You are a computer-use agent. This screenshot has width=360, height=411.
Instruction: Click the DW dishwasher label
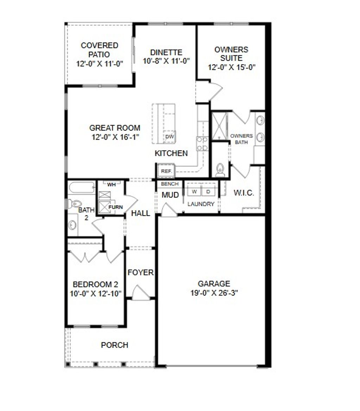point(169,137)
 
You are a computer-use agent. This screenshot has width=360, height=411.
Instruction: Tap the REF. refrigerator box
point(166,171)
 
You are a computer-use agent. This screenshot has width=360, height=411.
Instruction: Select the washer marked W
point(194,191)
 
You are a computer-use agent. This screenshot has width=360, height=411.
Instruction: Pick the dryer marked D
point(208,191)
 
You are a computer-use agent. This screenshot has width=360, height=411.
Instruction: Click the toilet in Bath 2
point(75,203)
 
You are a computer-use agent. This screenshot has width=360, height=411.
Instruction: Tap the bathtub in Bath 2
point(82,187)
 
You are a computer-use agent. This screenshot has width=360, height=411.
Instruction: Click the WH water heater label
point(111,184)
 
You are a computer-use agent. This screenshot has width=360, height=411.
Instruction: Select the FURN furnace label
point(115,207)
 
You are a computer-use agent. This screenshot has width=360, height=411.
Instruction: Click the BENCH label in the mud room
point(170,184)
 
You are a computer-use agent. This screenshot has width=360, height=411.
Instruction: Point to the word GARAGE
point(214,284)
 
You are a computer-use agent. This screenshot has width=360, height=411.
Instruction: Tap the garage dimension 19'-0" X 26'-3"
point(214,292)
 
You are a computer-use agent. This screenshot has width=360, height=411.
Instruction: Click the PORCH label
point(115,345)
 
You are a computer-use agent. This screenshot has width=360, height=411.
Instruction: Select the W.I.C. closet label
point(244,193)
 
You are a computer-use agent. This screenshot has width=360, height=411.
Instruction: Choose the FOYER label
point(141,272)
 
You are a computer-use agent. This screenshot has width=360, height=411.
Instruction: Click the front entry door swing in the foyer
point(141,294)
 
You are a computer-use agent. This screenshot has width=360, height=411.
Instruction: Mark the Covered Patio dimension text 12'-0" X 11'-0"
point(99,64)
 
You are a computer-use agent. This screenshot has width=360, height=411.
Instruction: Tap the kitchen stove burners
point(202,144)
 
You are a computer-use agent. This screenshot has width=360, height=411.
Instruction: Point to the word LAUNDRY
point(201,204)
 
